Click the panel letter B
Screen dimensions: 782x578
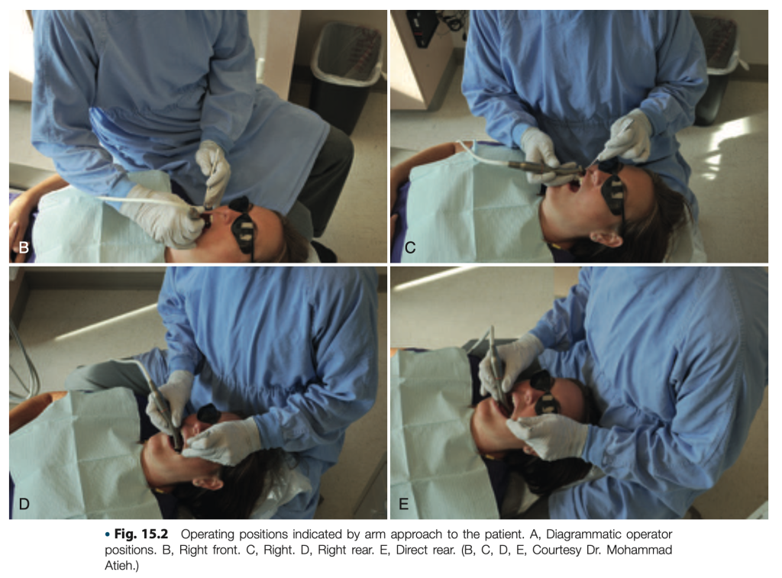[24, 247]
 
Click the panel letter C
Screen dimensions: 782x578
[410, 247]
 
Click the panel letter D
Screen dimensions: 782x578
[24, 504]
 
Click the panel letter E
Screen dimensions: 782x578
[403, 504]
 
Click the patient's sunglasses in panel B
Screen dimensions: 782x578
[244, 224]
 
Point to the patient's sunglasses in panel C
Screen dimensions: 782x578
[613, 191]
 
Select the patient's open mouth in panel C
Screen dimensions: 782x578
[574, 186]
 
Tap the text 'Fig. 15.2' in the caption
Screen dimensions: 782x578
[141, 534]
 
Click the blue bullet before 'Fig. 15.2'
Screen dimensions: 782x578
[107, 534]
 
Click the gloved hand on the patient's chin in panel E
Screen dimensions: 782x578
[548, 437]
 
